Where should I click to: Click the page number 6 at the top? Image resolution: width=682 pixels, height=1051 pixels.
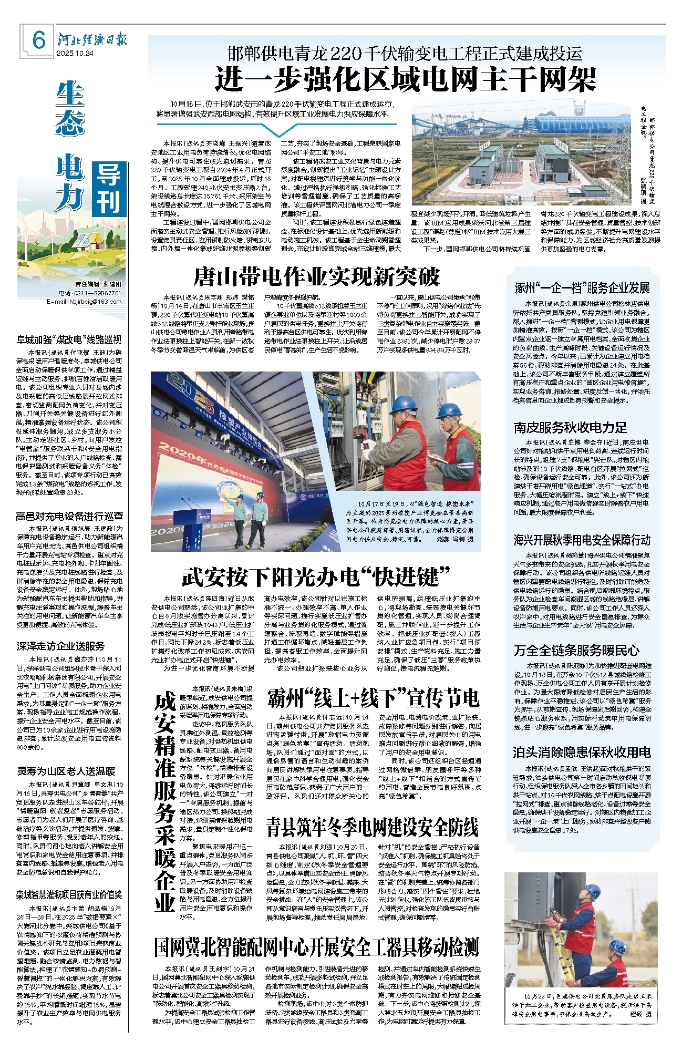pos(39,40)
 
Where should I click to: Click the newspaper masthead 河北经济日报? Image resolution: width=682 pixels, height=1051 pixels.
pos(91,40)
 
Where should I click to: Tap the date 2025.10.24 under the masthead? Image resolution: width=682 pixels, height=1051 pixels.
pos(75,53)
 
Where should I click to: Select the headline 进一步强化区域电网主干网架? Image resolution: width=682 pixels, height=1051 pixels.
pos(406,80)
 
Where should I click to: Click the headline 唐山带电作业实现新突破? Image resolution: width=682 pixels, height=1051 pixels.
pos(316,277)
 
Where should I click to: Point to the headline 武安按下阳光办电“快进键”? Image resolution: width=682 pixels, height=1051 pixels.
pos(316,577)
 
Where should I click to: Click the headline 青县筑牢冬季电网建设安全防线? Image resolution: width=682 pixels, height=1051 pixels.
pos(372,827)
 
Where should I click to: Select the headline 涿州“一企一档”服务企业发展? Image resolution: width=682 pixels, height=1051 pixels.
pos(582,288)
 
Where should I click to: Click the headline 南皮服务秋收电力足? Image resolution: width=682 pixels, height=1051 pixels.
pos(570,428)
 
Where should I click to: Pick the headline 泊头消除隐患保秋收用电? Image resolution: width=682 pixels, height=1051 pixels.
pos(582,753)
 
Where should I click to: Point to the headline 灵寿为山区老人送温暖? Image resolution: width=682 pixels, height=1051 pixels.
pos(66,771)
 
